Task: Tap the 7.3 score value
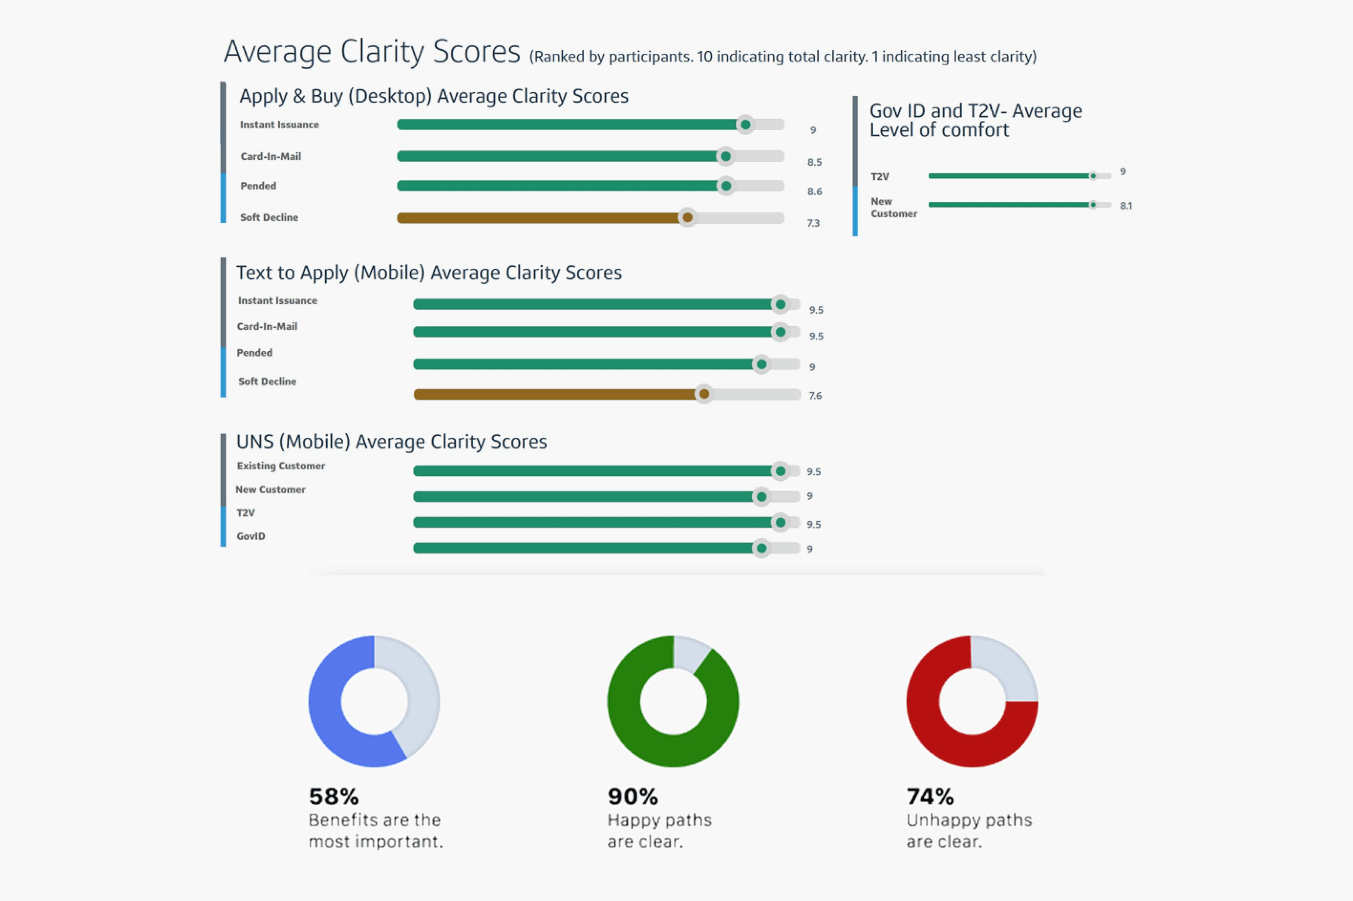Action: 813,223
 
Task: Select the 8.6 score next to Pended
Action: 814,191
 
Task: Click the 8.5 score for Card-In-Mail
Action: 814,162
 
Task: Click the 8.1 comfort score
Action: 1125,206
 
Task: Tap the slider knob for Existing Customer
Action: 780,471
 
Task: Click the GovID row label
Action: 251,536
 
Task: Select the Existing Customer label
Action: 281,466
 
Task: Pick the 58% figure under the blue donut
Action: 334,796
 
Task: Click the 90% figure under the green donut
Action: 633,796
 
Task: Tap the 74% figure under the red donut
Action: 930,796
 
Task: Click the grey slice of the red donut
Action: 1006,670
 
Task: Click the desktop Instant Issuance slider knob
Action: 745,125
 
